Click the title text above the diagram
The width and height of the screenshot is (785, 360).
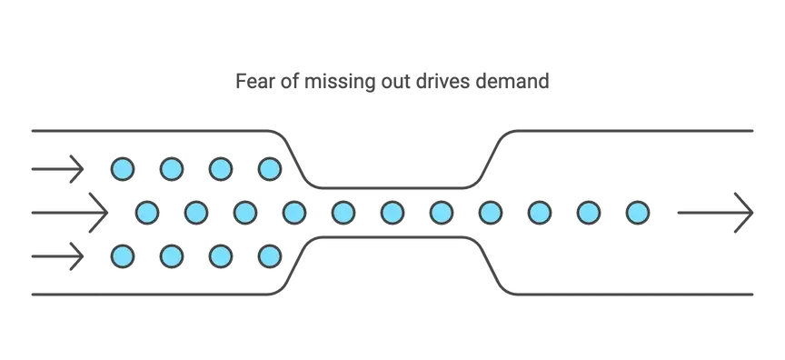click(392, 79)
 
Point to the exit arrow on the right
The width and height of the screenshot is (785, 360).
click(714, 213)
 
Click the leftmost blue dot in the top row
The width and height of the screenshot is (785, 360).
click(122, 168)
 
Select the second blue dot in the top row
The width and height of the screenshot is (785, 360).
click(171, 168)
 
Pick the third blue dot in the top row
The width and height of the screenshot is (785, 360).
click(220, 168)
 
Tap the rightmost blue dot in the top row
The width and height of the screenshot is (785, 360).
click(269, 168)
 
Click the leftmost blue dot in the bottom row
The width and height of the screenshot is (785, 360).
click(122, 257)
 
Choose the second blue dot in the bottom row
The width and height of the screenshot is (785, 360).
click(171, 257)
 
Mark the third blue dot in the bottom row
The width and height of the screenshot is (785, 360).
click(220, 257)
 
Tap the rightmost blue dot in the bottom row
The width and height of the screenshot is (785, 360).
click(269, 257)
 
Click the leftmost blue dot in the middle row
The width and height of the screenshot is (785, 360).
click(147, 213)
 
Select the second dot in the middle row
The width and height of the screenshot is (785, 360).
click(196, 213)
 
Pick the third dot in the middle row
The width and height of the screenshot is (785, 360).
click(245, 213)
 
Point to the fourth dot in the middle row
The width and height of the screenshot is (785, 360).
click(294, 213)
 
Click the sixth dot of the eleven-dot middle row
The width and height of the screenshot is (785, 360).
click(392, 213)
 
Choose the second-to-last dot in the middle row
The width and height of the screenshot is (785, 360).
click(589, 213)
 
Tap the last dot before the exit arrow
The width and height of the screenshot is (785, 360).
click(638, 213)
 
